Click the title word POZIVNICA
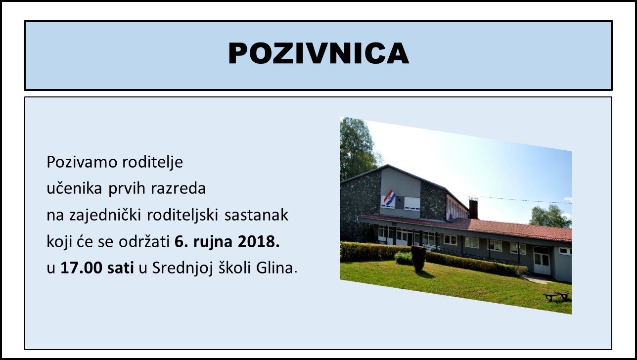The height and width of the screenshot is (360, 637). (318, 53)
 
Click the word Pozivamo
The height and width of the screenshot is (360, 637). (82, 162)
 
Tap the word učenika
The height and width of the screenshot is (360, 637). (74, 188)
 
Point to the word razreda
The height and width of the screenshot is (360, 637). (178, 188)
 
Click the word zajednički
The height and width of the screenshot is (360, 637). (105, 216)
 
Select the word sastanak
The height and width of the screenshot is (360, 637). (256, 215)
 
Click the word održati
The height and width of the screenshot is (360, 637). (144, 242)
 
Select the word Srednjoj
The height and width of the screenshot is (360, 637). (182, 269)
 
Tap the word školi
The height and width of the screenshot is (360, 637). (234, 268)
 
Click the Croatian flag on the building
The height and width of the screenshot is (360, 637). (389, 198)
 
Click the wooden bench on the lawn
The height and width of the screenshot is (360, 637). (557, 296)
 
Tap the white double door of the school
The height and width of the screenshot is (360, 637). (542, 261)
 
